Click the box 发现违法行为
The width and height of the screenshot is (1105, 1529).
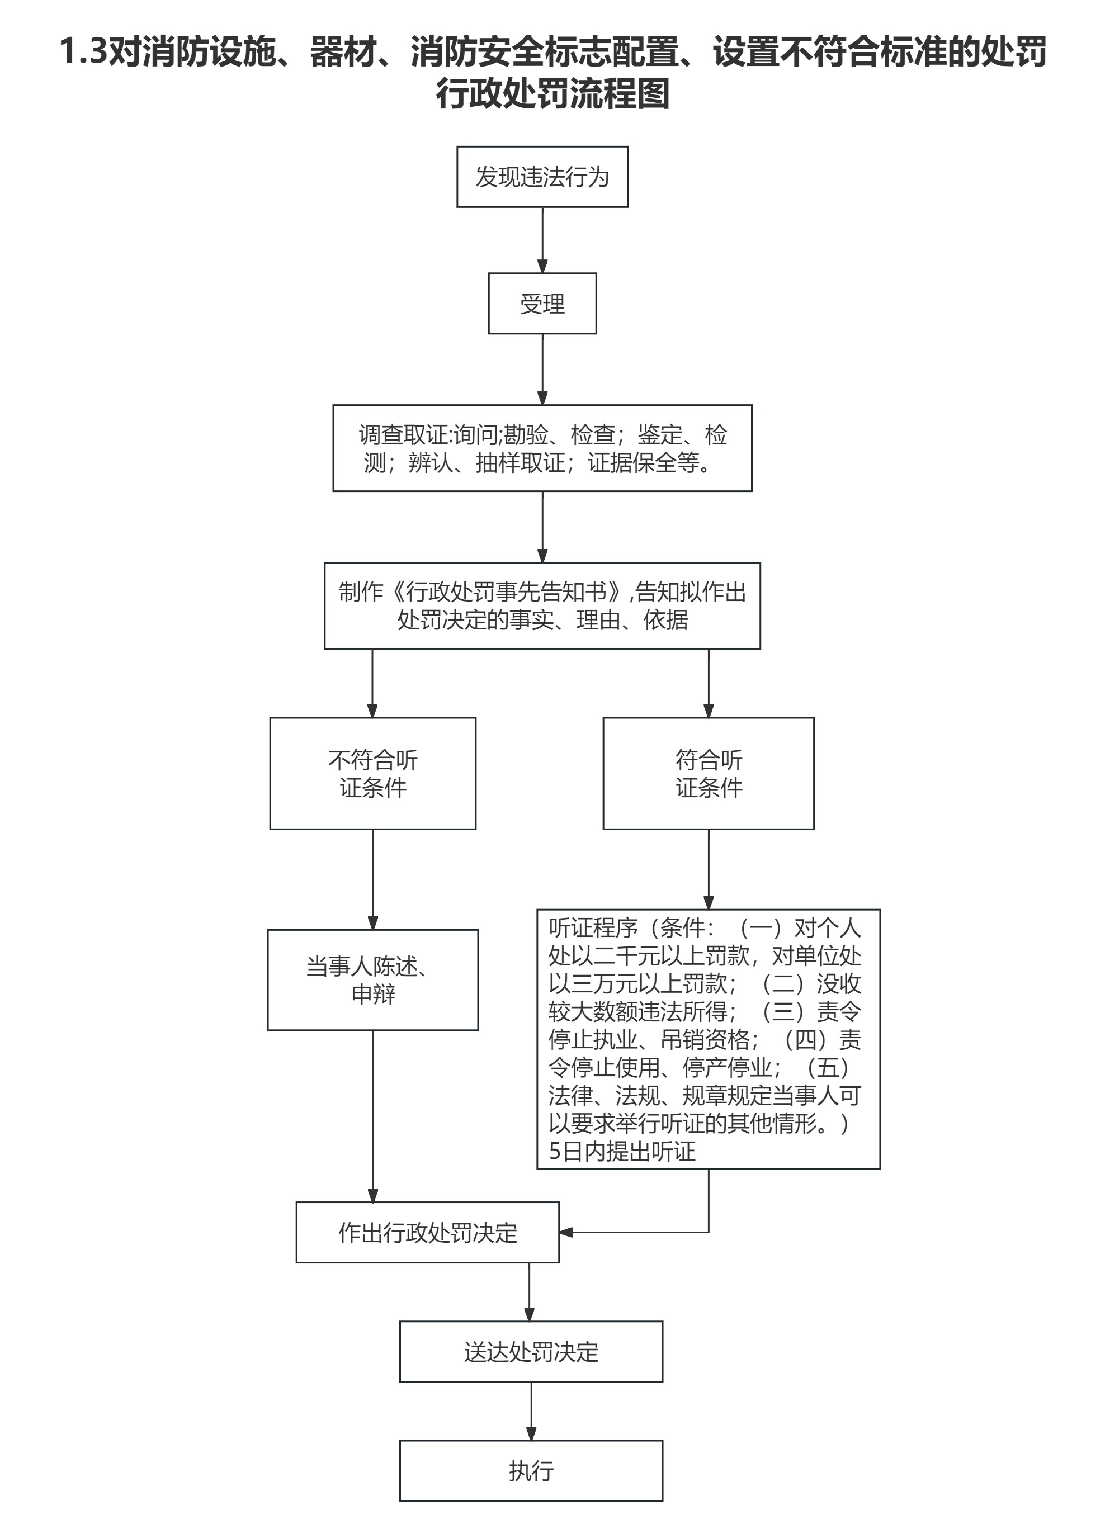click(542, 177)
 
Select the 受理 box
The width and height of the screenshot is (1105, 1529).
click(542, 304)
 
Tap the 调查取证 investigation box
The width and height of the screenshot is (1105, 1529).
click(542, 448)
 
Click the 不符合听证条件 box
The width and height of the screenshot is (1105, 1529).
click(373, 773)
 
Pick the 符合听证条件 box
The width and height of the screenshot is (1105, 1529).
click(708, 773)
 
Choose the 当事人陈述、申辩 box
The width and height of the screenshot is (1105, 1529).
click(373, 980)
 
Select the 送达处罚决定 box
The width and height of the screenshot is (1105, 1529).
click(531, 1352)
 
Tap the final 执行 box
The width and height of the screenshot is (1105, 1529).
click(531, 1471)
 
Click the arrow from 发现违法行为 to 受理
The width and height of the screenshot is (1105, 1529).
click(542, 240)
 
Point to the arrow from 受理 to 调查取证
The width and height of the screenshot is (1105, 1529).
click(542, 370)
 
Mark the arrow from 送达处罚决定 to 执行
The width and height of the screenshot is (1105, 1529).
click(531, 1411)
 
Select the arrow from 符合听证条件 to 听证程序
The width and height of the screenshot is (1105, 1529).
click(708, 869)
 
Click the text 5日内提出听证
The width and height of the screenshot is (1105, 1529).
click(622, 1152)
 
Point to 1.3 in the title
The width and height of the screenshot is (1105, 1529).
click(83, 52)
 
